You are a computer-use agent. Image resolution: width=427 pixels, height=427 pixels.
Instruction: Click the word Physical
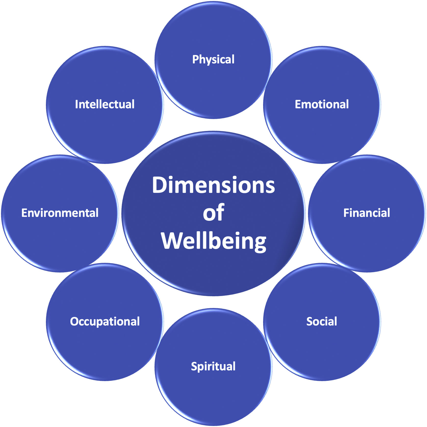coord(213,59)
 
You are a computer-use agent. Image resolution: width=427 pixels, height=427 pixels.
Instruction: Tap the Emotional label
coord(322,104)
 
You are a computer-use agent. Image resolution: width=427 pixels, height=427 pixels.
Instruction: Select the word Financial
coord(367,213)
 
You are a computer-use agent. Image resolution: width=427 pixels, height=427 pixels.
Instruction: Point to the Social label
coord(322,321)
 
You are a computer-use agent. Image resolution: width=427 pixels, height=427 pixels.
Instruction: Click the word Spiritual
coord(213,367)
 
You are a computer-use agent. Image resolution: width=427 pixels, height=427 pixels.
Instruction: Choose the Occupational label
coord(105,321)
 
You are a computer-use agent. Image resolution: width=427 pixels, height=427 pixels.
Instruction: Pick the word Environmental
coord(60,213)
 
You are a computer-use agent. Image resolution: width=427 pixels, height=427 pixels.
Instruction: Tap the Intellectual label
coord(105,104)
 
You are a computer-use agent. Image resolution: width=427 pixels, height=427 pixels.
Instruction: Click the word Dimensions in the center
coord(213,185)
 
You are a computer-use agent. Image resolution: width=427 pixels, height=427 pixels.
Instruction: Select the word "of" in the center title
coord(213,213)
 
